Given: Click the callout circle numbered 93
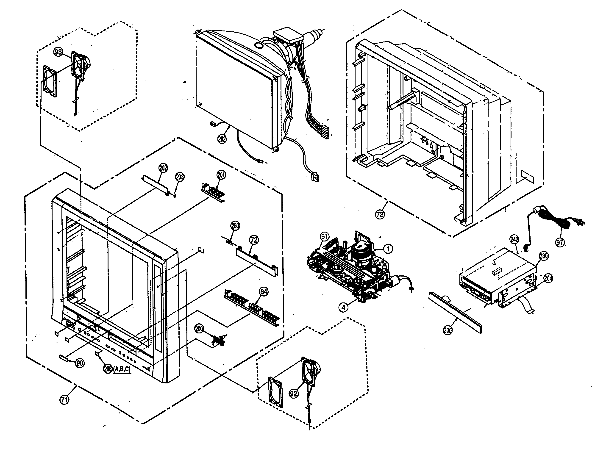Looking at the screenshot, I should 58,52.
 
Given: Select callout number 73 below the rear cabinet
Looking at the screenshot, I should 380,214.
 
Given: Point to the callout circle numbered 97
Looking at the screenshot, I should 560,242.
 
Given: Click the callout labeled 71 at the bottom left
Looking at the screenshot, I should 64,400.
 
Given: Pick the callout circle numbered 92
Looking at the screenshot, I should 294,393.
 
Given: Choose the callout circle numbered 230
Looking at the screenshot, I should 448,330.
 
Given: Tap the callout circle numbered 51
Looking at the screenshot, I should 325,236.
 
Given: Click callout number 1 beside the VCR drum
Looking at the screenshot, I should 388,248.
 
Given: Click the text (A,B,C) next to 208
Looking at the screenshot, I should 122,369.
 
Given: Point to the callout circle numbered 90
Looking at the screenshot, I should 80,363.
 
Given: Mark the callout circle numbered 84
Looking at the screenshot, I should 264,292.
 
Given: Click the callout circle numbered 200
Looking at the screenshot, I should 199,329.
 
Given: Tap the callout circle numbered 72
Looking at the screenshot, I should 254,240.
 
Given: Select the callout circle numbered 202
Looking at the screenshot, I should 163,168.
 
